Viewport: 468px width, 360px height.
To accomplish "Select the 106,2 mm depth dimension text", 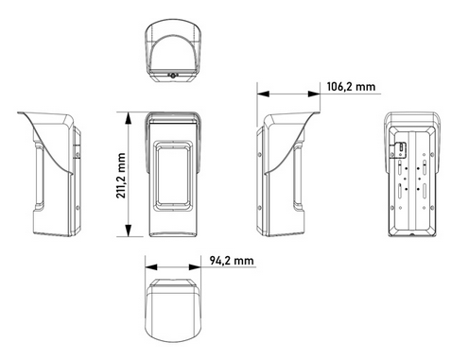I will click(x=351, y=87).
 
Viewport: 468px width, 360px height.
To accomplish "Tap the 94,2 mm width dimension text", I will click(x=233, y=259).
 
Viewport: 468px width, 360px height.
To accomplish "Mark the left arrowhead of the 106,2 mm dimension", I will click(x=263, y=94).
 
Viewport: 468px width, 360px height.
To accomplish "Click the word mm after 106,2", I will click(x=366, y=87).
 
